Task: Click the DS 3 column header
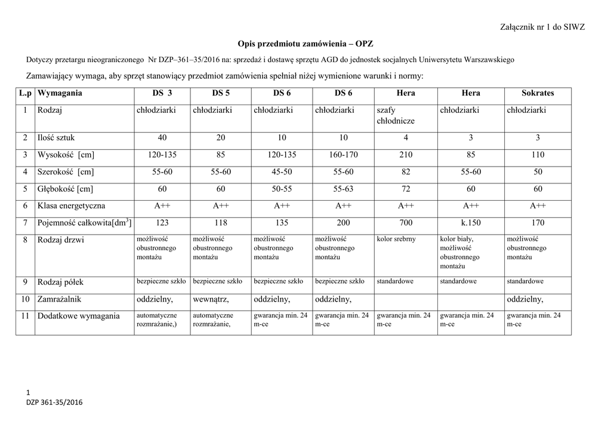(x=162, y=93)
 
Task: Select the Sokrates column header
(x=538, y=93)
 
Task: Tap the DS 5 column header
(x=221, y=93)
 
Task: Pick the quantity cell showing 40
(x=162, y=138)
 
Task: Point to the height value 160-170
(x=344, y=155)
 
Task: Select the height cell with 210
(x=406, y=155)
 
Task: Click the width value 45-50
(x=282, y=172)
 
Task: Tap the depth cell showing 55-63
(x=344, y=189)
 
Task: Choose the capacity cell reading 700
(x=406, y=223)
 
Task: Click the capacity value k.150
(x=471, y=223)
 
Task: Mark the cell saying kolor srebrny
(x=397, y=239)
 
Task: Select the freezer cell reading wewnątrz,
(x=211, y=299)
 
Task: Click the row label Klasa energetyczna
(x=71, y=205)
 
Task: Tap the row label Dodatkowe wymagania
(x=78, y=315)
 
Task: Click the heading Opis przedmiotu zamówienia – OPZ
(x=305, y=44)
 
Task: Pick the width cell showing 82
(x=406, y=172)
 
